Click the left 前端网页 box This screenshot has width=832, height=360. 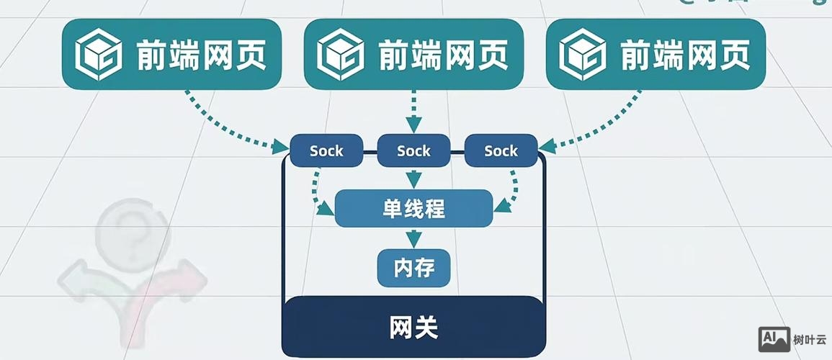click(171, 54)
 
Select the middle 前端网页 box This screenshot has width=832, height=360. click(413, 54)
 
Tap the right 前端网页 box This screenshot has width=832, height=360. click(655, 54)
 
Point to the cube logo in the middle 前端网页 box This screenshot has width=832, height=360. click(339, 54)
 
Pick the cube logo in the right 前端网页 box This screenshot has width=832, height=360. click(581, 54)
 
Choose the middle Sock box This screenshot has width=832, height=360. click(413, 151)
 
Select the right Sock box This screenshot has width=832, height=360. click(501, 151)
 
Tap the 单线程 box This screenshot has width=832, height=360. click(413, 209)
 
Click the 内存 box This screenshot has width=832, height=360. click(413, 268)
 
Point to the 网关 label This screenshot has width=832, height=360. click(413, 328)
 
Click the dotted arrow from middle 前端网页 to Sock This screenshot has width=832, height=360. click(413, 112)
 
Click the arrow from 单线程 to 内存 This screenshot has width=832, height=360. click(413, 238)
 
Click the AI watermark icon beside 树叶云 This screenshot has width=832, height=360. click(774, 339)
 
